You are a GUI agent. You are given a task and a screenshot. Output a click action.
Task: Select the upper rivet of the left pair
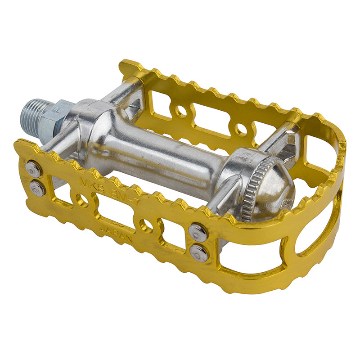tap(33, 170)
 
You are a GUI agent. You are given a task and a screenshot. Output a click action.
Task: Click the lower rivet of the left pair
tap(37, 188)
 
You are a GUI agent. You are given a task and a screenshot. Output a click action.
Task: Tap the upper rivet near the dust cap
tap(198, 232)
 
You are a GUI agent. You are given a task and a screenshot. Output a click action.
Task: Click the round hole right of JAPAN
tap(145, 225)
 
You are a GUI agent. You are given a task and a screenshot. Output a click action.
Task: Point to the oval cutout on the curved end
tap(320, 229)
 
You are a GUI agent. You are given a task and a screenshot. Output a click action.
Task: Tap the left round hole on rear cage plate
tap(181, 111)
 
